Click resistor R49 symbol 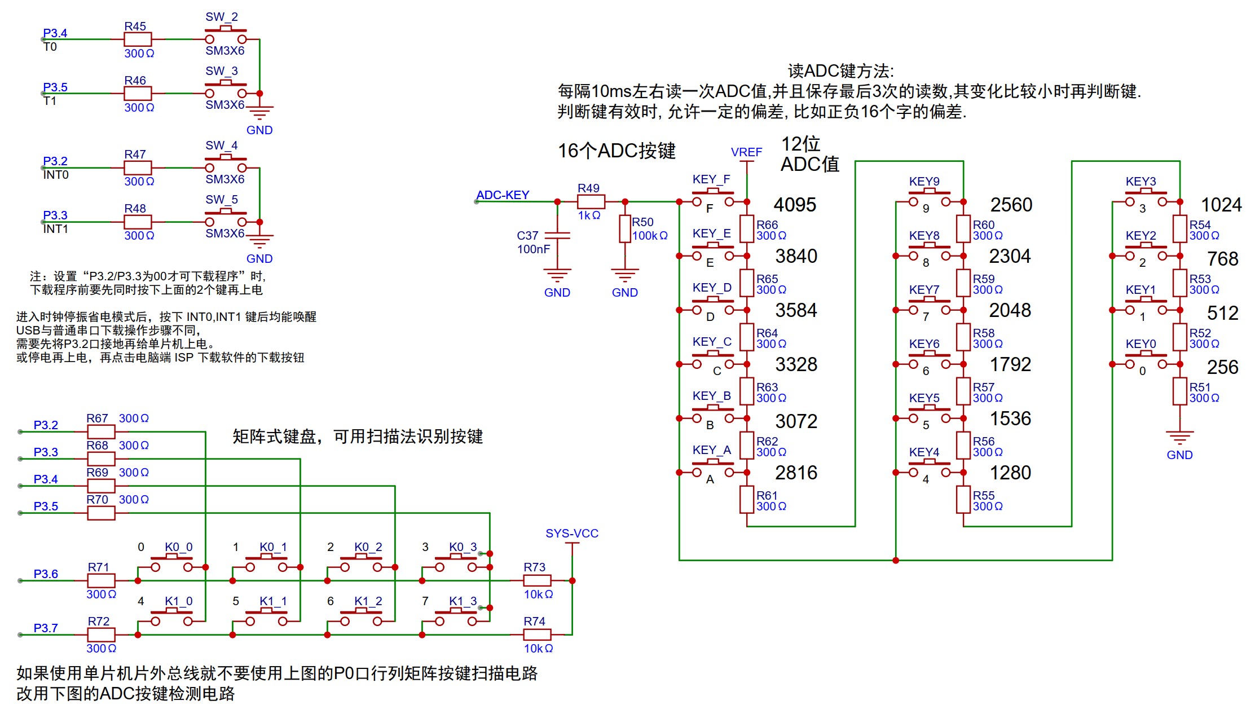591,201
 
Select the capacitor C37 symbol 557,236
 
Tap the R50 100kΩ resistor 625,228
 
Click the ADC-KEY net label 502,195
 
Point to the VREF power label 746,152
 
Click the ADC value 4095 794,205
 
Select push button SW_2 226,34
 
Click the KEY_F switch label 711,179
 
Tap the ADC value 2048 1010,310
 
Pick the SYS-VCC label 571,533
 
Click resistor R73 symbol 537,580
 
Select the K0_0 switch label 178,547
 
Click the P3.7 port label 46,628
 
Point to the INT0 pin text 56,175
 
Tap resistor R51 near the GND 1179,391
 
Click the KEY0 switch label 1140,343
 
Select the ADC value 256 1222,367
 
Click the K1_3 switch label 463,601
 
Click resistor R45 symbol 138,39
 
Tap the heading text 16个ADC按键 616,151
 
